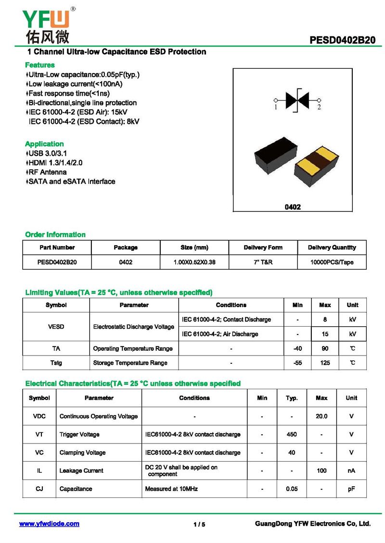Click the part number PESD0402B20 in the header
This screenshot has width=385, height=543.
(x=342, y=40)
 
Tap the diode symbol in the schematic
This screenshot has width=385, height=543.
(x=297, y=100)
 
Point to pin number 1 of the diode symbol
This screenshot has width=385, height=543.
(x=276, y=107)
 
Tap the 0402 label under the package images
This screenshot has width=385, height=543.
(x=293, y=207)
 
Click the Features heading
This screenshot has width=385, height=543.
(x=40, y=65)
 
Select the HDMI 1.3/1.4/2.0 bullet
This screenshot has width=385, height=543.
(x=55, y=163)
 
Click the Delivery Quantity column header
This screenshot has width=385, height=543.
(x=332, y=247)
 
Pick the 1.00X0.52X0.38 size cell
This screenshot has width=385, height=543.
(x=194, y=262)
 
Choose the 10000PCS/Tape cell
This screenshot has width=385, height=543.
(x=332, y=262)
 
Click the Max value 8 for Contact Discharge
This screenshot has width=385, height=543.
(x=325, y=320)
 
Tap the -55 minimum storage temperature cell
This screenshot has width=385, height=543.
(x=297, y=363)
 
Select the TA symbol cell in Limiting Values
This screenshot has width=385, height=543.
(x=56, y=348)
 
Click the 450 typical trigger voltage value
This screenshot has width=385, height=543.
(x=292, y=434)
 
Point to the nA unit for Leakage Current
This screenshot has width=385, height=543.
(x=351, y=471)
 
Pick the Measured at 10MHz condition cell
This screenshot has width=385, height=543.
(x=171, y=489)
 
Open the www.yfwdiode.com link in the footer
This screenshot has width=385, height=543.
(x=49, y=524)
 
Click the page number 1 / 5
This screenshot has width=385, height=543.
(x=199, y=524)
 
